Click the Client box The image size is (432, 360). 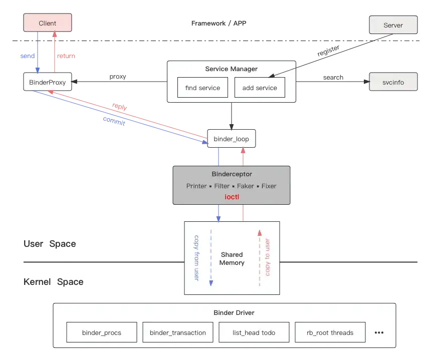click(48, 23)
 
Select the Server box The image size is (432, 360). click(393, 25)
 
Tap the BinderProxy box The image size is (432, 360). click(48, 82)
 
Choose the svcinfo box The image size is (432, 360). click(393, 82)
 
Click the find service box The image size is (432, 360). click(202, 88)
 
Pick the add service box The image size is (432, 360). click(260, 88)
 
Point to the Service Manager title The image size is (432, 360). click(232, 69)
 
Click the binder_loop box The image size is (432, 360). click(232, 139)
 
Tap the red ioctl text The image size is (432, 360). click(232, 197)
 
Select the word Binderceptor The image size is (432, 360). click(232, 174)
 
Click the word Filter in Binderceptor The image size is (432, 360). click(222, 186)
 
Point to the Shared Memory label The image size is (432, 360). click(232, 258)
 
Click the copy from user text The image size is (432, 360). click(196, 257)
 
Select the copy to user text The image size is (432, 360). click(268, 257)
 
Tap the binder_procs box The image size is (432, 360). click(102, 332)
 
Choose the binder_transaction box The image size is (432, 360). click(178, 332)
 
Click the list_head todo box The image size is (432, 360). click(254, 332)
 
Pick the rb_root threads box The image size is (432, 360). click(330, 332)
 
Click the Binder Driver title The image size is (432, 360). click(234, 313)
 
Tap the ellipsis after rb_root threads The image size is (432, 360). click(379, 332)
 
